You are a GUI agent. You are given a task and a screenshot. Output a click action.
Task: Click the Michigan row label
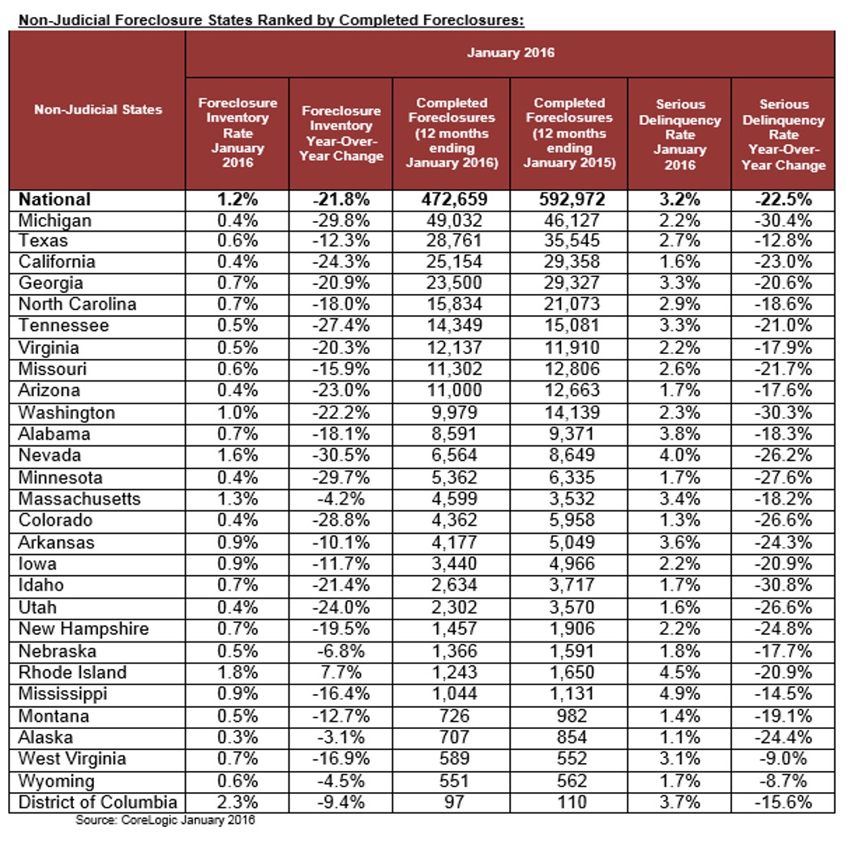coord(55,220)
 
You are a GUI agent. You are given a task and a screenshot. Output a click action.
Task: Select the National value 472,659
coord(451,199)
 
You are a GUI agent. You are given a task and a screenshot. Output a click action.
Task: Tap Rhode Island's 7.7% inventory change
coord(340,672)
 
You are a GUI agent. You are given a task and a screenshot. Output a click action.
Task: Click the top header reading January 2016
coord(510,53)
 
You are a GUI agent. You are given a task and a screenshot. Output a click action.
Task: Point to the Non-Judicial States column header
coord(98,109)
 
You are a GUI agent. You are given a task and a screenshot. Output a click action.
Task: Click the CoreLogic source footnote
coord(165,820)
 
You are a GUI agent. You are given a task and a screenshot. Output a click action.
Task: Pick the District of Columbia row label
coord(97,803)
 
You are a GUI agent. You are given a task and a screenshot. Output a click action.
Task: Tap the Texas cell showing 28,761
coord(451,241)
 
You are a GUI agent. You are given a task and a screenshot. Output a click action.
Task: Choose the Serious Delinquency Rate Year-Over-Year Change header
coord(782,134)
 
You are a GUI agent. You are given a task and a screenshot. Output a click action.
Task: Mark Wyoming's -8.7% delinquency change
coord(782,781)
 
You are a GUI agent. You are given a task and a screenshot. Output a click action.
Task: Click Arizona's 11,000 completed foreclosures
coord(451,390)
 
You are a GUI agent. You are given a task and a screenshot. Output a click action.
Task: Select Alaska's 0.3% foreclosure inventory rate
coord(238,738)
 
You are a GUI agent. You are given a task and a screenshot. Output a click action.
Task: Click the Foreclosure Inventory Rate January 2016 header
coord(238,134)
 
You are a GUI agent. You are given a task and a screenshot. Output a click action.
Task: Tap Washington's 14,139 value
coord(568,412)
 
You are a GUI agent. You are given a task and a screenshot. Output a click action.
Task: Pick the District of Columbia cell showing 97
coord(451,803)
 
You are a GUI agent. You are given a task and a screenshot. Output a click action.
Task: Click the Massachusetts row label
coord(79,499)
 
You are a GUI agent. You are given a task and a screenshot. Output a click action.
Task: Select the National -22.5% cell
coord(782,199)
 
